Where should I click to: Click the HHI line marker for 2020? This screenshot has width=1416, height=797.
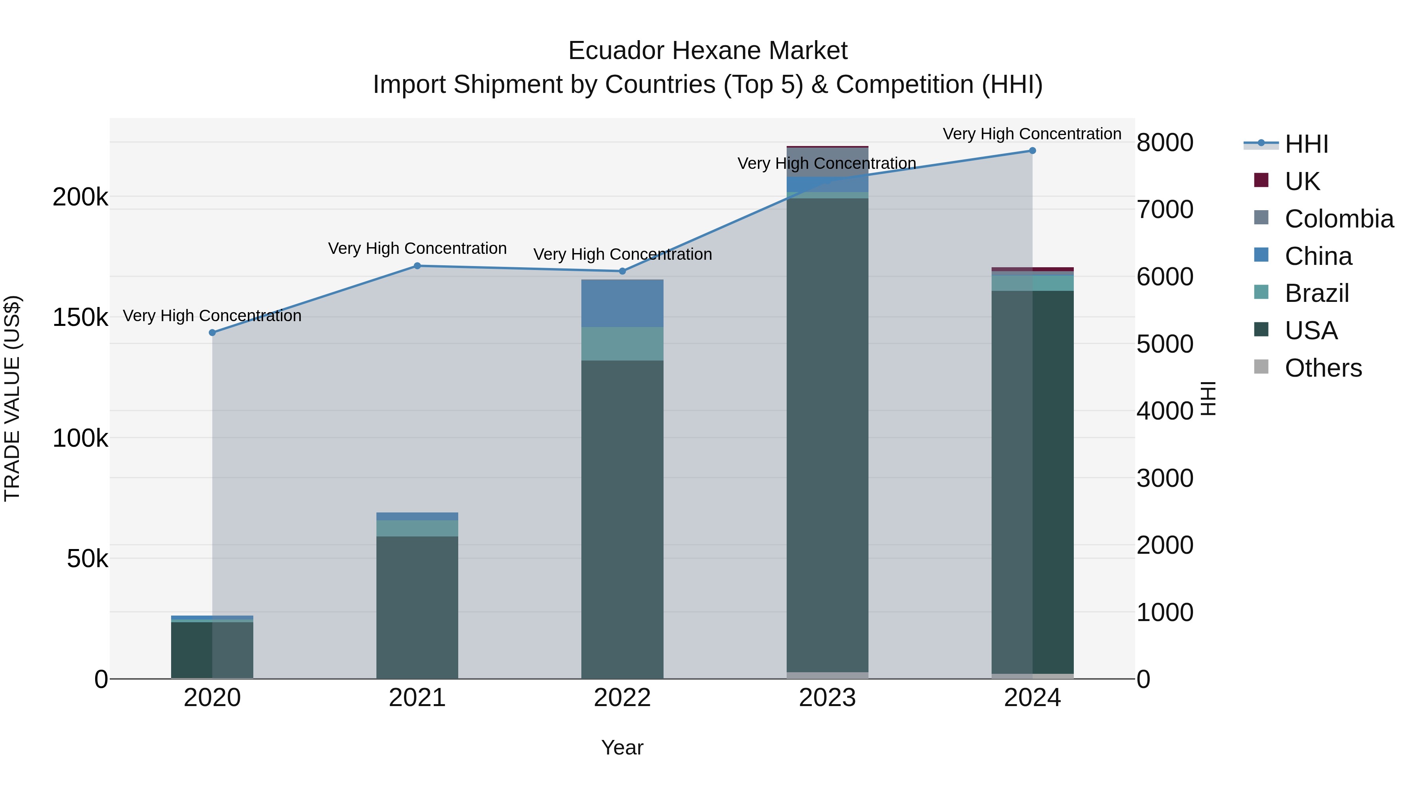point(212,333)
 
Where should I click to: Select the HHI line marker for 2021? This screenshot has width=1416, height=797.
point(417,266)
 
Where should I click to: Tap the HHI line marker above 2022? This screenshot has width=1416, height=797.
point(622,271)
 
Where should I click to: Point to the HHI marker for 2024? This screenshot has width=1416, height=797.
point(1032,151)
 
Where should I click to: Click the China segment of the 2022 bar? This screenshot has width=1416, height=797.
point(622,303)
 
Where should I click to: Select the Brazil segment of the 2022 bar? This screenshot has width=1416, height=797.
point(622,344)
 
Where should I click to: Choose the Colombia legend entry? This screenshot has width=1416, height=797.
point(1339,219)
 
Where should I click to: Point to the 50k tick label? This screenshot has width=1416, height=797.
point(87,559)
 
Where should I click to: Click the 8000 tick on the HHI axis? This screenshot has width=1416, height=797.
point(1165,142)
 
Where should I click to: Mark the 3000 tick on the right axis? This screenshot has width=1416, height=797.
point(1165,478)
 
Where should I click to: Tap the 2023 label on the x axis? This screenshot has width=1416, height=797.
point(827,698)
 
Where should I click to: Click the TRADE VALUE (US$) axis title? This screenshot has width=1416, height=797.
point(12,398)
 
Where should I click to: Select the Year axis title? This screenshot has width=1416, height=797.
point(622,747)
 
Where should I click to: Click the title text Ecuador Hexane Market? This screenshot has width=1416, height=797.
point(708,51)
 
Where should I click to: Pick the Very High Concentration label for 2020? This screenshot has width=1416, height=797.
point(212,316)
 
